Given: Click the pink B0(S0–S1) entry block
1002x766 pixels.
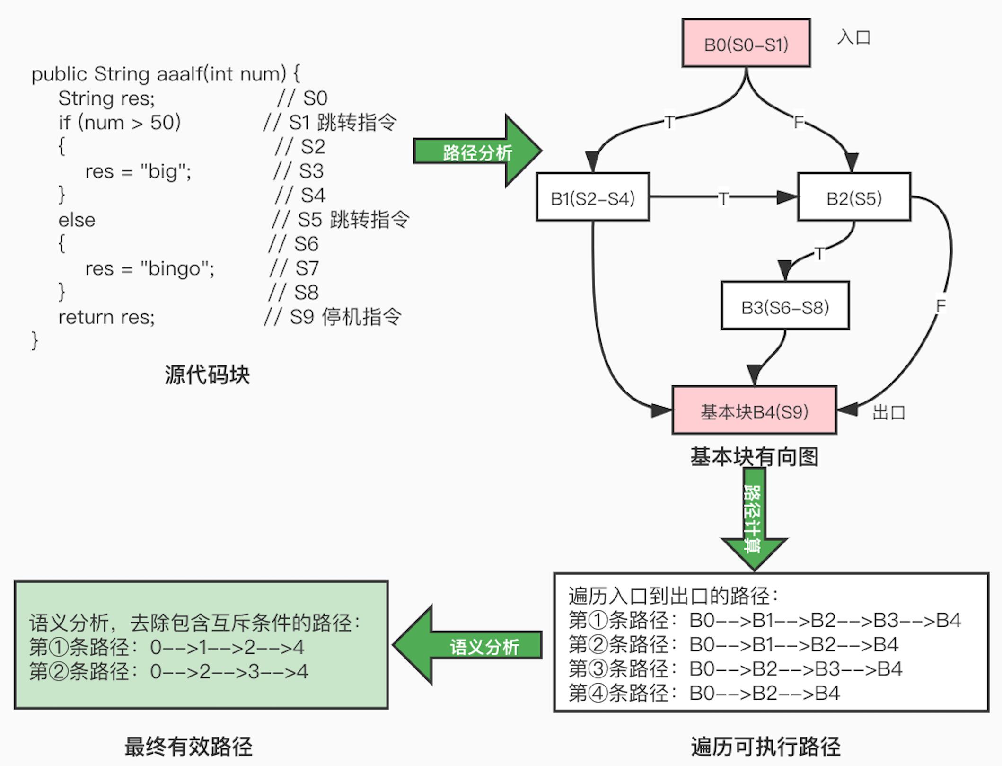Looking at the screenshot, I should tap(746, 44).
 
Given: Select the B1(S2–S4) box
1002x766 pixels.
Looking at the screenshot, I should tap(592, 197).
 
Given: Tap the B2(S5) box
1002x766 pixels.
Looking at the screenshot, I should tap(854, 197).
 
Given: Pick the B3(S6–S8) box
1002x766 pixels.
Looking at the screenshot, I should tap(785, 306).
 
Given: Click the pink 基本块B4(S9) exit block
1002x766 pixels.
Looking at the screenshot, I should tap(754, 410).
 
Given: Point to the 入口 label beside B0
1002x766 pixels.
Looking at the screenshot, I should tap(854, 37).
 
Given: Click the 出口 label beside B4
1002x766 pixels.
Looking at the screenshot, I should tap(889, 412).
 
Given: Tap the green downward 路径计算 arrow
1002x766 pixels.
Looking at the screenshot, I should tap(754, 518).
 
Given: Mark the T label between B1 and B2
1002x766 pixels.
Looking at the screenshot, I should tap(723, 198).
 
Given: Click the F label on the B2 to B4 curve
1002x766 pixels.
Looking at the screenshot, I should tap(940, 306).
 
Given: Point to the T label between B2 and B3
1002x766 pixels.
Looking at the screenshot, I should tap(819, 253).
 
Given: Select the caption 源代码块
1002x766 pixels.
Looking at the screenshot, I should tap(207, 375).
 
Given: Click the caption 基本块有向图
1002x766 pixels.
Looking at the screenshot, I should tap(754, 457).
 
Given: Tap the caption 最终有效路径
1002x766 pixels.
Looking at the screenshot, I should tap(188, 747).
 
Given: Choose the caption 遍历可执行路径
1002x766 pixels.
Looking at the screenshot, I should tap(765, 747).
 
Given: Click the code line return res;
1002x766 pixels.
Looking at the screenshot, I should tap(106, 317).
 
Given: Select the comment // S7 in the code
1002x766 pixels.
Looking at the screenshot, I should tap(294, 268).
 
